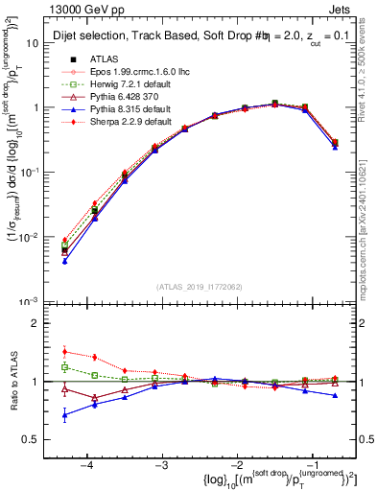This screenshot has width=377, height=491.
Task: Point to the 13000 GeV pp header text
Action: [x=77, y=11]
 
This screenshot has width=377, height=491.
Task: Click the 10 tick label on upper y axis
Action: [x=35, y=43]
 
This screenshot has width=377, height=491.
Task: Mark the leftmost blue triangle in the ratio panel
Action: [x=64, y=415]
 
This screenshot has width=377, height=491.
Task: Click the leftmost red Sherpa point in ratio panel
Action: [x=64, y=352]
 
